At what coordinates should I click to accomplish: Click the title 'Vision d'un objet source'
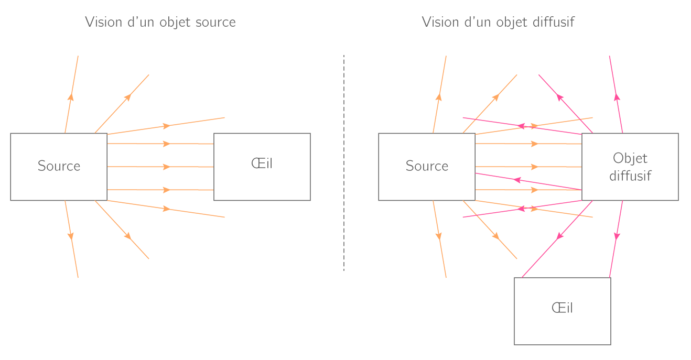tap(160, 23)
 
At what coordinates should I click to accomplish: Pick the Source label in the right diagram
tap(428, 167)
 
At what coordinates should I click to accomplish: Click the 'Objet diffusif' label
tap(630, 167)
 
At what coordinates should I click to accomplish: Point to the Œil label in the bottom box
tap(563, 309)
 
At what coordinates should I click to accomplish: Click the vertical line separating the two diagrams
tap(345, 162)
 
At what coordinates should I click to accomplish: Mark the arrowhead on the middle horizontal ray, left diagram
tap(167, 167)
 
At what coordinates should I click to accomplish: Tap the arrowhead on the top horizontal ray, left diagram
tap(167, 144)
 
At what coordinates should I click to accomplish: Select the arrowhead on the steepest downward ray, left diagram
tap(71, 236)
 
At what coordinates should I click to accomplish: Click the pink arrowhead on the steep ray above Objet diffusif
tap(617, 96)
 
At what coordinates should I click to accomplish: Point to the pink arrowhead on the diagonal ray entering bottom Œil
tap(559, 236)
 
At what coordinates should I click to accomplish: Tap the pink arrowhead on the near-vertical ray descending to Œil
tap(617, 236)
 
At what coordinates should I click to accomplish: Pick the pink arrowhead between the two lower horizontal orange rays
tap(517, 180)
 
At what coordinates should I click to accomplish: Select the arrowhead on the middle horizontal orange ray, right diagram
tap(535, 167)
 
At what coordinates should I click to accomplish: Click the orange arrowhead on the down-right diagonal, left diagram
tap(128, 236)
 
